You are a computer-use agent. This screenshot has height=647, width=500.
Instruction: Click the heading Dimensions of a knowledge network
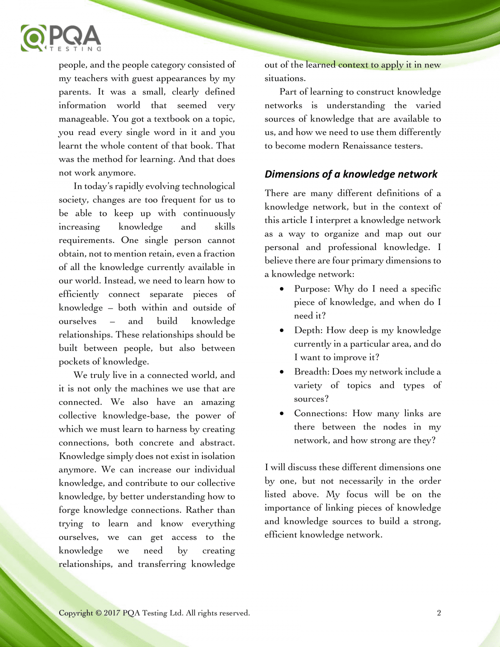click(x=351, y=174)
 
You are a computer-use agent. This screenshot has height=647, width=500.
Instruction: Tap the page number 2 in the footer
click(x=439, y=613)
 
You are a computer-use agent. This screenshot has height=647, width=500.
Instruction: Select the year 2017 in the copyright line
click(x=112, y=613)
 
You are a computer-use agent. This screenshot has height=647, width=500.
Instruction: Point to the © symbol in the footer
click(x=98, y=613)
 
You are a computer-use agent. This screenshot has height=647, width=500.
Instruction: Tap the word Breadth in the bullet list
click(x=312, y=372)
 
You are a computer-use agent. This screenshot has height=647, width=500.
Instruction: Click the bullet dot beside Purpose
click(x=282, y=289)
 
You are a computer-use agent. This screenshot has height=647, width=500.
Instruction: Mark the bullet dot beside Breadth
click(x=282, y=372)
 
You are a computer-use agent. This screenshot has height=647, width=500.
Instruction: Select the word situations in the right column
click(x=285, y=78)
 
